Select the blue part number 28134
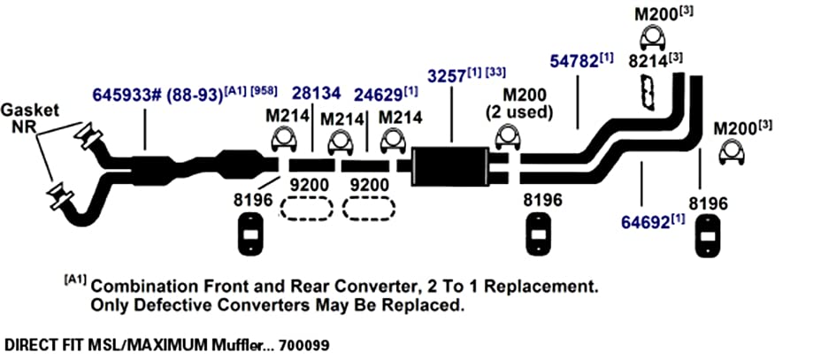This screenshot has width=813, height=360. pos(317,94)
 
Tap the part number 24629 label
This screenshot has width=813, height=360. pos(378,95)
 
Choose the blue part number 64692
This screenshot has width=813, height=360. pos(646,223)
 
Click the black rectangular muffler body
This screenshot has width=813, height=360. pos(449,167)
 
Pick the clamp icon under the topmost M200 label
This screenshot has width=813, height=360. pos(653,40)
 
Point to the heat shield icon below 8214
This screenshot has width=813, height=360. pos(647,92)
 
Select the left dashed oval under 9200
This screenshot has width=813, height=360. pos(306,209)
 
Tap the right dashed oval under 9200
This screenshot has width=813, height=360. pos(368,209)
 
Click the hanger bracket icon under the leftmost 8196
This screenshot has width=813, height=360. pos(250,234)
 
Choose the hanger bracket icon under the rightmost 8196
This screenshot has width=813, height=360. pos(707,235)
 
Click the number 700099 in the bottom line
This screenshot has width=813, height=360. pos(303,344)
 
